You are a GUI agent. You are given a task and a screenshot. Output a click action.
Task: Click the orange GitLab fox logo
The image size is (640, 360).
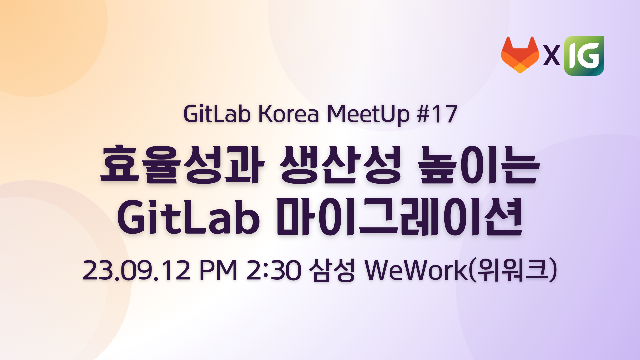pos(520,55)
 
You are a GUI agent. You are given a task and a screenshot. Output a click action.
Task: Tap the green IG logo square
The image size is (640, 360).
pos(584,56)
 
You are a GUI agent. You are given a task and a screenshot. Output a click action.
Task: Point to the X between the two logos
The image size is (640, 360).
pos(552,56)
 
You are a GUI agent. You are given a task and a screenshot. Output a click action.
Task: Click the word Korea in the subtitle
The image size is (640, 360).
pos(289,114)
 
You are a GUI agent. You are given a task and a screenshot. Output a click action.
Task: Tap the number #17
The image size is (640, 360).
pos(437,114)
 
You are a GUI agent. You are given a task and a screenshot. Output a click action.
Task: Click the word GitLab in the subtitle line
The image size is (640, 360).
pos(217,114)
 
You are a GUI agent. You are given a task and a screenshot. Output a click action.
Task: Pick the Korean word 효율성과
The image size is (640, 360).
pos(182,164)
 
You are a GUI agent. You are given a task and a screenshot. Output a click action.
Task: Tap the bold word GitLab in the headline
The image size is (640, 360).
pos(188,217)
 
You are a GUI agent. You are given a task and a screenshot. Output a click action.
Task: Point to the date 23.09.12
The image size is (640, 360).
pos(136,270)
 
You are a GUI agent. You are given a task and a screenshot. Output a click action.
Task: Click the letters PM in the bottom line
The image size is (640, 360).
pos(218,270)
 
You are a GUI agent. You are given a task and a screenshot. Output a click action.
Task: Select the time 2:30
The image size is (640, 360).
pos(273,270)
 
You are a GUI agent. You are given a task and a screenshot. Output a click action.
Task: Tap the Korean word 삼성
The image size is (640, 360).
pos(331,270)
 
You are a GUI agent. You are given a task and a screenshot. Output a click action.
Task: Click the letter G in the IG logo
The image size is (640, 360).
pos(589,56)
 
